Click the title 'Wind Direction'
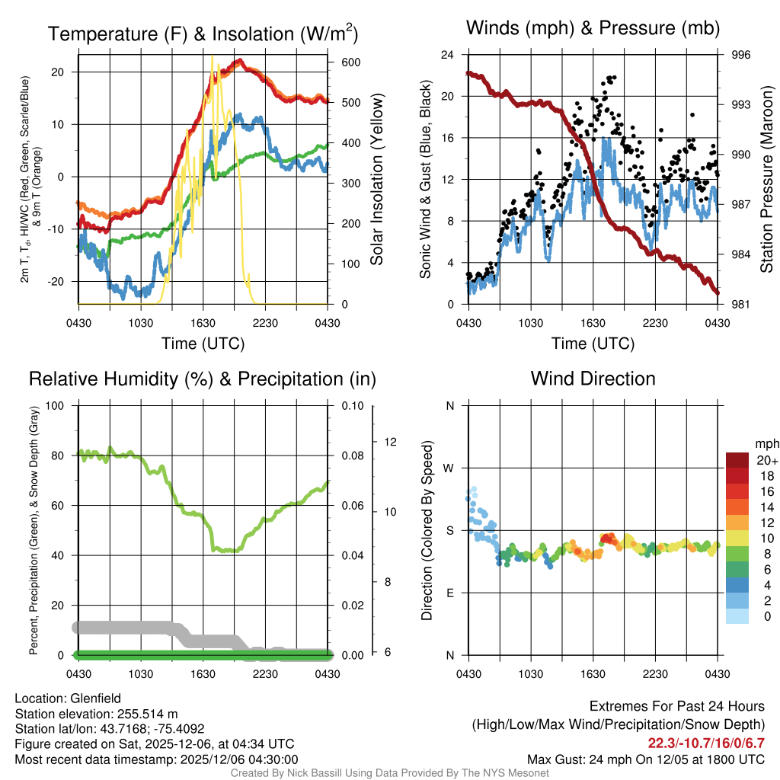pos(593,379)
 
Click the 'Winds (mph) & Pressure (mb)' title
pos(593,29)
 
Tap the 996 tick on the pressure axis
pos(741,55)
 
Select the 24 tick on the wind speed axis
pos(447,55)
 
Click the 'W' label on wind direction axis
pos(449,468)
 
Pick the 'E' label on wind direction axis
pos(450,593)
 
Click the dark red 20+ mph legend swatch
pos(737,460)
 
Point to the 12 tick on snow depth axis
pos(392,442)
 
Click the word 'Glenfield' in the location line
pos(93,698)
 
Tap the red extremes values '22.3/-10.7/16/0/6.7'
pos(706,743)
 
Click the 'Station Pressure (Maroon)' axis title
pos(767,179)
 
